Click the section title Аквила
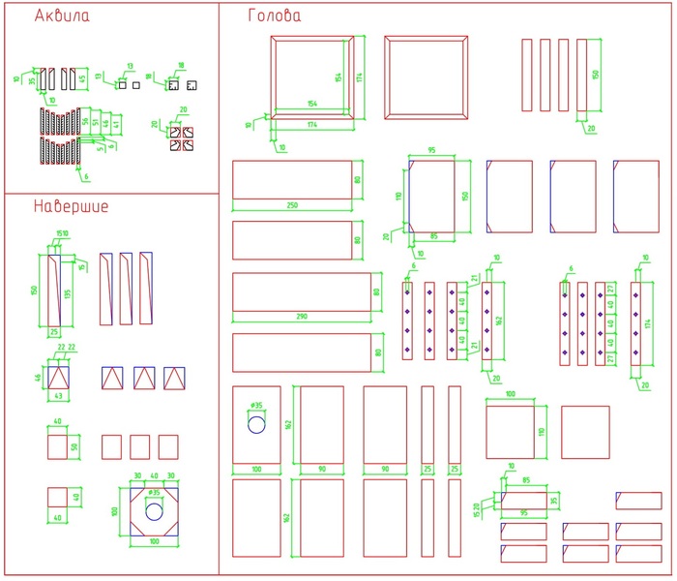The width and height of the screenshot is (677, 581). tap(62, 17)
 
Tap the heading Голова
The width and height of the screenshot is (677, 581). tap(275, 16)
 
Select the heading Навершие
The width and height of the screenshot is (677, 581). tap(71, 206)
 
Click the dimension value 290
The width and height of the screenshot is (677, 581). tap(301, 318)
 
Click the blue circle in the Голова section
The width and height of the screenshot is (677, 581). tap(256, 424)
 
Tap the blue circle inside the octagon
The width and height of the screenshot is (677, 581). tap(153, 509)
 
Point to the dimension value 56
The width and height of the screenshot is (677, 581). tap(85, 121)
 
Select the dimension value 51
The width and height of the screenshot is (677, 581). tap(96, 122)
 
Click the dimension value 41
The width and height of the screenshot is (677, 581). tap(117, 123)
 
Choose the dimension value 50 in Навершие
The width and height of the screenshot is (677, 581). tap(74, 446)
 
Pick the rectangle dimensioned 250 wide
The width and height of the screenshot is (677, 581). tap(291, 180)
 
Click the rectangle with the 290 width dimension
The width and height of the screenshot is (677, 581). tap(301, 292)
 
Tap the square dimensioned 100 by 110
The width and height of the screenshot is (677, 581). tap(509, 432)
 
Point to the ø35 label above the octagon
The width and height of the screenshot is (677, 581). tap(154, 493)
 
